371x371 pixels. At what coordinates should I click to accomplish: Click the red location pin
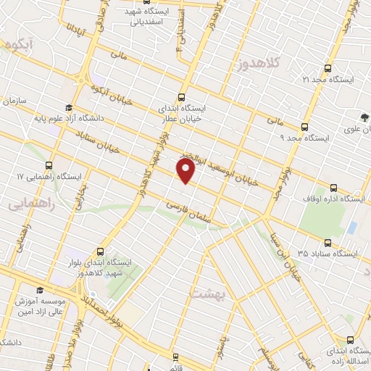pyautogui.click(x=185, y=171)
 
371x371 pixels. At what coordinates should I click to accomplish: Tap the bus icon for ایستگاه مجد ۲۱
pyautogui.click(x=328, y=68)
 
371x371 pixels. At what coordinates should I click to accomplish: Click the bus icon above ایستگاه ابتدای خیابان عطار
pyautogui.click(x=181, y=97)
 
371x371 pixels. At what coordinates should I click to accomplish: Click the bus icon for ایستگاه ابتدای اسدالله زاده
pyautogui.click(x=351, y=341)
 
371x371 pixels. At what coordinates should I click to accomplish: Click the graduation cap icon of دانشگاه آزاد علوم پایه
pyautogui.click(x=78, y=107)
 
